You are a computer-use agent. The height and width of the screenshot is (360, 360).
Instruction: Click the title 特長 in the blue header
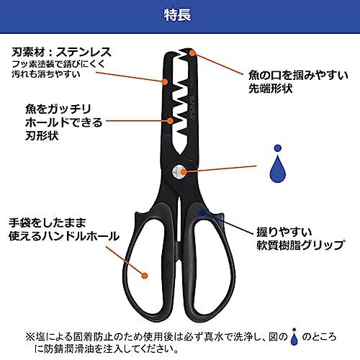pyautogui.click(x=178, y=15)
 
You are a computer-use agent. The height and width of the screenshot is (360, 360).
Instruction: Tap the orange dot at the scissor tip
pyautogui.click(x=192, y=53)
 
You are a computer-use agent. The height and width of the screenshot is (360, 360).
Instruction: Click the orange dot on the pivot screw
pyautogui.click(x=183, y=171)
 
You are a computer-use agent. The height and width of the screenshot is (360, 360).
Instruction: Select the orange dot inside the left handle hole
pyautogui.click(x=144, y=276)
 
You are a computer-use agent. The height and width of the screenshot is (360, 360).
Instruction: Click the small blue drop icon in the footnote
pyautogui.click(x=294, y=336)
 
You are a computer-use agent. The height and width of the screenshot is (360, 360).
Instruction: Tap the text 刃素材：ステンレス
pyautogui.click(x=62, y=52)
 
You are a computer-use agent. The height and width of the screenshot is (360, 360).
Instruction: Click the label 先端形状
pyautogui.click(x=271, y=89)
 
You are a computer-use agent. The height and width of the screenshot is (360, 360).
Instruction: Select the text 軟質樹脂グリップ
pyautogui.click(x=300, y=245)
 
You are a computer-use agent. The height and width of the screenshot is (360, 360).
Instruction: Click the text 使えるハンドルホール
pyautogui.click(x=64, y=236)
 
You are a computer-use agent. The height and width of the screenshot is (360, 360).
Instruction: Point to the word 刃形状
pyautogui.click(x=42, y=136)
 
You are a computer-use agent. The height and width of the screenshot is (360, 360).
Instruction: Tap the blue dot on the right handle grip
pyautogui.click(x=203, y=212)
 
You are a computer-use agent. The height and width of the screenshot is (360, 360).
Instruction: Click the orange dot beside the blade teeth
pyautogui.click(x=170, y=120)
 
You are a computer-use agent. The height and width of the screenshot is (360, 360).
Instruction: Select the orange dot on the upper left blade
pyautogui.click(x=165, y=81)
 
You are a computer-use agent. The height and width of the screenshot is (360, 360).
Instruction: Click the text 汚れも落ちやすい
pyautogui.click(x=46, y=74)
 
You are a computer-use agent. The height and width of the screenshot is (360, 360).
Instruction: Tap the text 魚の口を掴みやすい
pyautogui.click(x=298, y=76)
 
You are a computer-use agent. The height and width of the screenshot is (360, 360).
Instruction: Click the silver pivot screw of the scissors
pyautogui.click(x=179, y=172)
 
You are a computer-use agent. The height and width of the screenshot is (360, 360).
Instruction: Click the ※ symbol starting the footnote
pyautogui.click(x=30, y=337)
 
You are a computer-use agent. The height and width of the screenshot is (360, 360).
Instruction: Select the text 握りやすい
pyautogui.click(x=284, y=232)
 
